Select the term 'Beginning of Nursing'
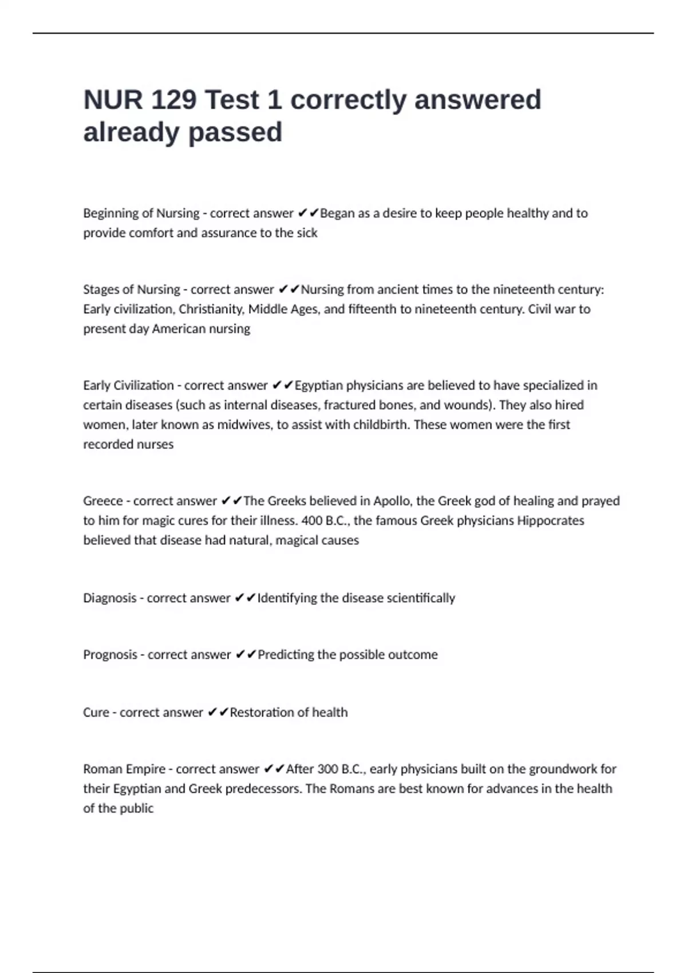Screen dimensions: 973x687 coord(141,213)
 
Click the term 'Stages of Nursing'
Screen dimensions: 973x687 coord(131,290)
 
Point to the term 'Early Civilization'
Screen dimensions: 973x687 coord(128,385)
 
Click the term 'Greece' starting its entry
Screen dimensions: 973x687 coord(104,501)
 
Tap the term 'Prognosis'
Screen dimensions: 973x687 coord(110,655)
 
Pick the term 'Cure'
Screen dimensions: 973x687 coord(96,713)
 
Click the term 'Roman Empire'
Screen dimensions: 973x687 coord(124,769)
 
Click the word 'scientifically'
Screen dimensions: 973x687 coord(421,598)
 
